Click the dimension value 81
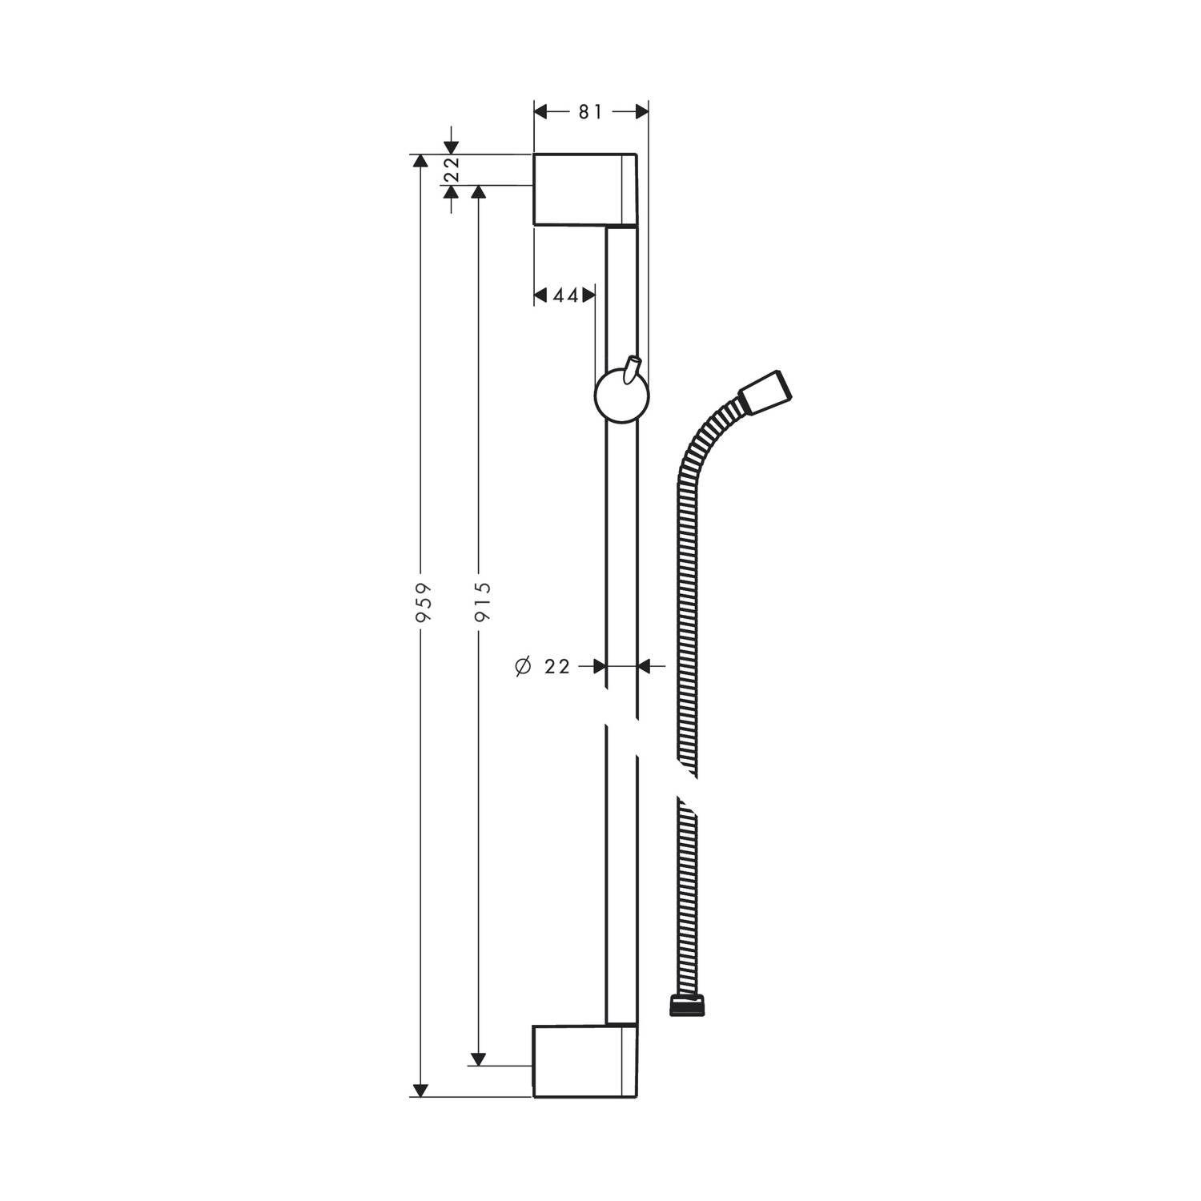point(590,113)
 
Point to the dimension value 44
point(565,295)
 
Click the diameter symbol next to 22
point(524,666)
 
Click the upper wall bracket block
point(585,189)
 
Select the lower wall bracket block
point(585,1060)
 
